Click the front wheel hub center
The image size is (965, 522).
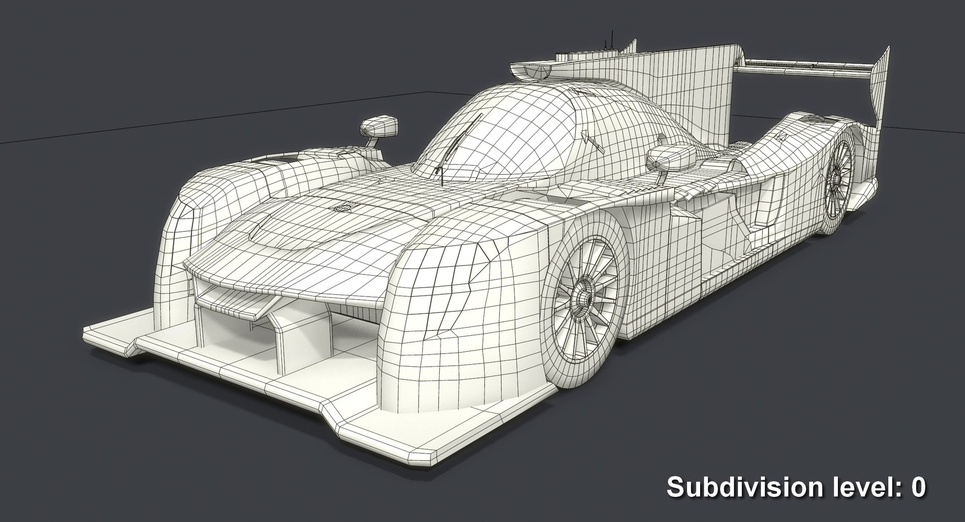click(x=583, y=298)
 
